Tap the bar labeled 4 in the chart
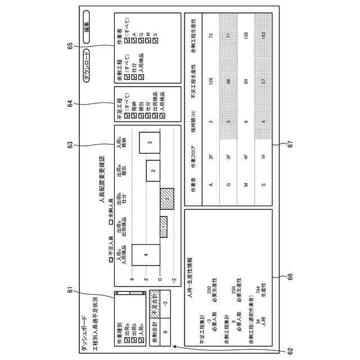[x=146, y=255]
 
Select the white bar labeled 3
[x=150, y=143]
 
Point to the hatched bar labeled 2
[x=167, y=199]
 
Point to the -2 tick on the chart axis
[x=174, y=280]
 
